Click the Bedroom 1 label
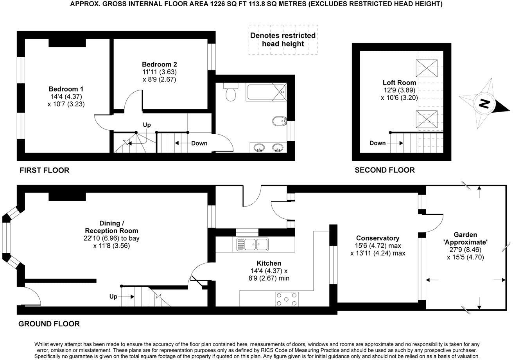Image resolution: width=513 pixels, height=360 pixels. [x=66, y=89]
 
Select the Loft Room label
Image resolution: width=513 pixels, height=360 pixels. [x=399, y=83]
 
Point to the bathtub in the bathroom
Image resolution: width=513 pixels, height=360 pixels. [x=265, y=93]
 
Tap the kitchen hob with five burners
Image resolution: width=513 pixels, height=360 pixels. [x=287, y=299]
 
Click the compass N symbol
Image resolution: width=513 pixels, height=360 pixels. [x=484, y=104]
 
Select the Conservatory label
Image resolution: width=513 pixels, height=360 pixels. [x=377, y=238]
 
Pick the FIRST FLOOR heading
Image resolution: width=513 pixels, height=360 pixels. [x=44, y=170]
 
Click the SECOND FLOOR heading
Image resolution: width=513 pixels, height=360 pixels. [x=384, y=170]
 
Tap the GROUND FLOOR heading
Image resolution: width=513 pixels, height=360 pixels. [x=49, y=324]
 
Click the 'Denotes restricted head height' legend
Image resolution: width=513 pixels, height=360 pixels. [x=283, y=40]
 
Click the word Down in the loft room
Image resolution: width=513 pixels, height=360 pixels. [x=377, y=143]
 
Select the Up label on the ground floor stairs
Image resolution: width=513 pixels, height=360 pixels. [x=113, y=297]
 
